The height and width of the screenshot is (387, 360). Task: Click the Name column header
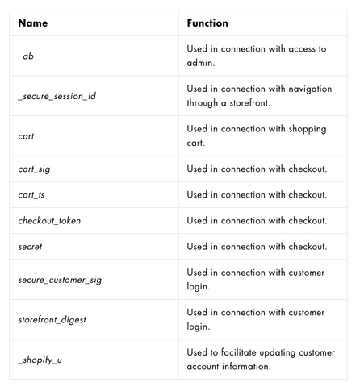pos(33,23)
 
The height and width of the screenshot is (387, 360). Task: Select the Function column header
pos(207,23)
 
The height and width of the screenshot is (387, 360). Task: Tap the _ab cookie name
pos(26,56)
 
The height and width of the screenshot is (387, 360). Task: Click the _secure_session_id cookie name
pos(57,96)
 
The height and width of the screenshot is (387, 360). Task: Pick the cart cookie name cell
pos(26,136)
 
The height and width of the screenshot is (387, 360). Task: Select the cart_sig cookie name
pos(34,169)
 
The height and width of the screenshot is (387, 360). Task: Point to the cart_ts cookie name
pos(31,195)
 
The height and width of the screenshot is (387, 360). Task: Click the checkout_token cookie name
pos(49,221)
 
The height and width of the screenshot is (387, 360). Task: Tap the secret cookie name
pos(30,247)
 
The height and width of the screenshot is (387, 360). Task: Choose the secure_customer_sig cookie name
pos(60,280)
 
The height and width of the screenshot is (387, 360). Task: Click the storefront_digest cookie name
pos(52,320)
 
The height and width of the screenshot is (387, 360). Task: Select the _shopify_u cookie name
pos(40,360)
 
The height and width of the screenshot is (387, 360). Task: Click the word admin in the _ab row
pos(199,63)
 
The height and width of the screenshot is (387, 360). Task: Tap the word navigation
pos(310,89)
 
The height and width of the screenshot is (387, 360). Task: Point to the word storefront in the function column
pos(249,102)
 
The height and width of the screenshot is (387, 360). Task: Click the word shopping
pos(308,129)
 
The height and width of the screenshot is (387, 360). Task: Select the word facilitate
pos(239,352)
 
